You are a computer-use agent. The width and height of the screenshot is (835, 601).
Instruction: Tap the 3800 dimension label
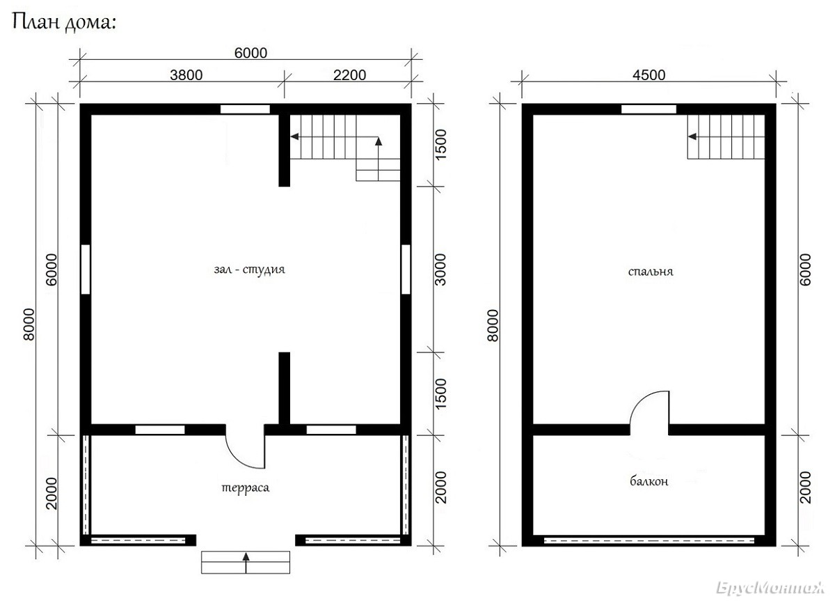tap(186, 75)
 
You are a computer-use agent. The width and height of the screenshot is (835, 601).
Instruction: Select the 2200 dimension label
tap(349, 75)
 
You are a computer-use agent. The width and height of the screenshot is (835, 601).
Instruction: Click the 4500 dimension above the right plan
tap(649, 75)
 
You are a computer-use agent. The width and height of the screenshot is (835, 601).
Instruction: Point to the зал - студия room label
tap(249, 270)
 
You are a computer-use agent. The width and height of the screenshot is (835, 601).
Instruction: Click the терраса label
tap(245, 488)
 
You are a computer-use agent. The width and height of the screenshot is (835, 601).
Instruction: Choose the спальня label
tap(651, 272)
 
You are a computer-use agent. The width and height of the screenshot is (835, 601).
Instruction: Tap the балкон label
tap(649, 482)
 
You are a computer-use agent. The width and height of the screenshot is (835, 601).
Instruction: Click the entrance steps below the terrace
tap(245, 562)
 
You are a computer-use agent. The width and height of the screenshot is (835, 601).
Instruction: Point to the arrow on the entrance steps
tap(246, 563)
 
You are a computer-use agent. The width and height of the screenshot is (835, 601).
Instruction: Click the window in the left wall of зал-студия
tap(86, 269)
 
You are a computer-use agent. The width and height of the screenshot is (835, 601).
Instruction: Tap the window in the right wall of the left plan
tap(406, 269)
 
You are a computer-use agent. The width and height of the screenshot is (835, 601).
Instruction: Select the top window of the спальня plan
tap(649, 109)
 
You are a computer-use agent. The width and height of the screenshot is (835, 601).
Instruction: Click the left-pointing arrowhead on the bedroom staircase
tap(692, 136)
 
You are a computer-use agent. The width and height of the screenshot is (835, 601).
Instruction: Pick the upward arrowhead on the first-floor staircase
tap(379, 141)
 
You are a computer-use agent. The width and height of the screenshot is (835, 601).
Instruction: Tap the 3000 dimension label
tap(440, 270)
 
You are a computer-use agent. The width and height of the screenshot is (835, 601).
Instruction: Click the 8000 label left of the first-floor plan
tap(29, 325)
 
